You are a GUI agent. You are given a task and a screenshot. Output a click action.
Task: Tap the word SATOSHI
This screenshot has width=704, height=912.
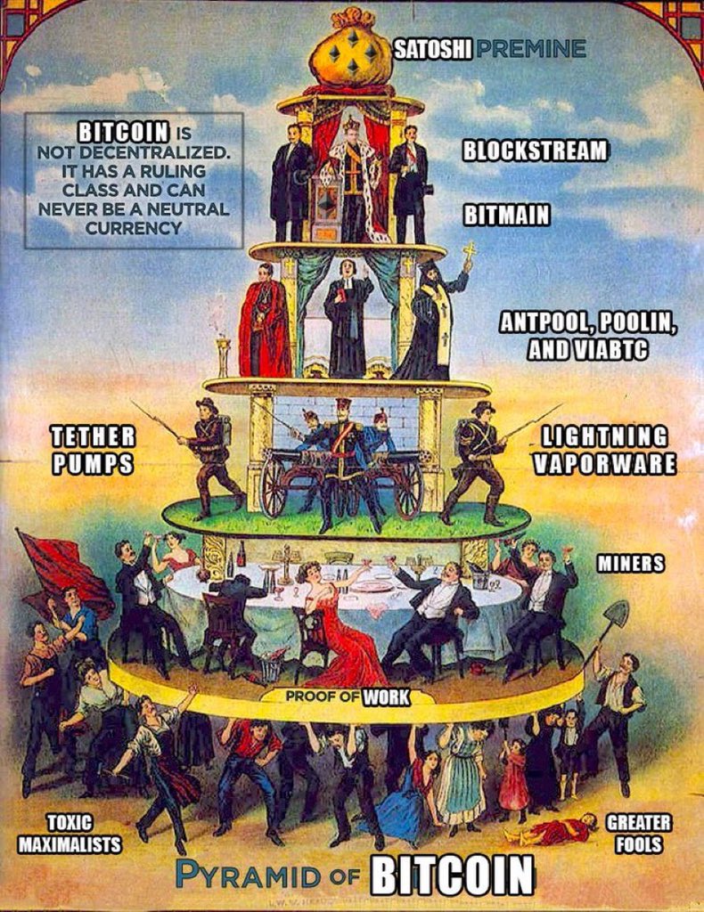click(433, 48)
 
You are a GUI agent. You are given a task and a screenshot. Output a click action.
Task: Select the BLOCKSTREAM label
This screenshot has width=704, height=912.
click(535, 151)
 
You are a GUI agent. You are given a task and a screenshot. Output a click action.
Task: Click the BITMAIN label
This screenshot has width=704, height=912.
click(506, 215)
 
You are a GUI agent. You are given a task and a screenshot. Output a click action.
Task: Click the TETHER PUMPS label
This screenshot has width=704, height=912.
click(93, 450)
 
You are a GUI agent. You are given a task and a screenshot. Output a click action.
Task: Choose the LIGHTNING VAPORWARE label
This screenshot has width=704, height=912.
click(609, 450)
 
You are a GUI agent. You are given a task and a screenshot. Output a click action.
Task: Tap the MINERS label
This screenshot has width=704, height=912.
click(630, 563)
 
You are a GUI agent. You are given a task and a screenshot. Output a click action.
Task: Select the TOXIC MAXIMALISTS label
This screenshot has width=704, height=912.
click(84, 833)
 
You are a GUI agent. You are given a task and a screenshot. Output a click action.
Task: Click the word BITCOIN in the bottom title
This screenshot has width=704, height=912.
click(452, 875)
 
